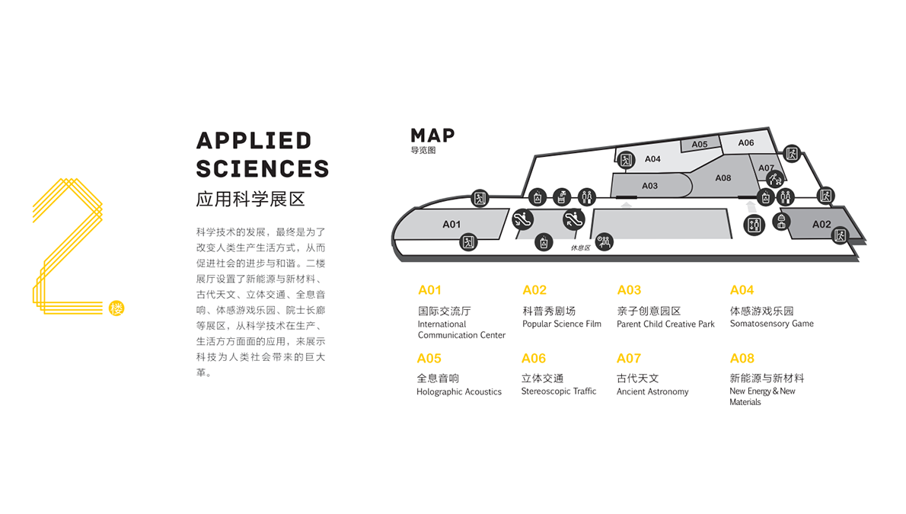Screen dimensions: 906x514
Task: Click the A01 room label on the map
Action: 451,225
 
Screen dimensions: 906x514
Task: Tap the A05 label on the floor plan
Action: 699,145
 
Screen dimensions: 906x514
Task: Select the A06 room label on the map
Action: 746,143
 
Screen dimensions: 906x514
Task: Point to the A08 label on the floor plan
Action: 723,178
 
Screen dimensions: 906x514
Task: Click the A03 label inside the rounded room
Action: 649,186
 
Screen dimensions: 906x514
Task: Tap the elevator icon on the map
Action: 754,225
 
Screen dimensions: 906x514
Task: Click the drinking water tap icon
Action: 561,197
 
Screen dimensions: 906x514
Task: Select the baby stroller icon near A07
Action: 775,179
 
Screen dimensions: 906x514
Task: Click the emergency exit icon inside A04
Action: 626,160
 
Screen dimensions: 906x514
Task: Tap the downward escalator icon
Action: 574,219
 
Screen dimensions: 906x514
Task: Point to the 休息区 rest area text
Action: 581,248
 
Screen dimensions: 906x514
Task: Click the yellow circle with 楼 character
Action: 116,308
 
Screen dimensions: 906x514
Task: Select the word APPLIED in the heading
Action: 254,141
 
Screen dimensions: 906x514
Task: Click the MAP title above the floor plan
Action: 432,136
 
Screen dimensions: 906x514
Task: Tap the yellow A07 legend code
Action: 629,359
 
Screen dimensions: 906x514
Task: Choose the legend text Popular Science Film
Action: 562,324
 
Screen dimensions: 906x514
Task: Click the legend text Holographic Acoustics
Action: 459,392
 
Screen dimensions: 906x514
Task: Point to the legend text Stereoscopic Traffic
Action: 559,391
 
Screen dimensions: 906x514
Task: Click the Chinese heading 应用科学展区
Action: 250,200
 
